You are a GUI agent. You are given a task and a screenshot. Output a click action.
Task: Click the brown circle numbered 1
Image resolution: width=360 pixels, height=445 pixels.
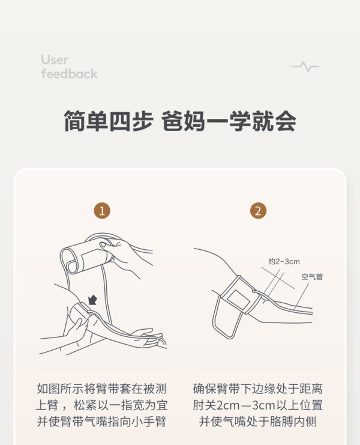(x=102, y=211)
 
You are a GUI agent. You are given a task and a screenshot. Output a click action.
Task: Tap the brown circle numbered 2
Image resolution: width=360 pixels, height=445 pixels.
(x=258, y=211)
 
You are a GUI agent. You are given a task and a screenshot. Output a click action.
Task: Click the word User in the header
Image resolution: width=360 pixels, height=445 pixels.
(x=55, y=60)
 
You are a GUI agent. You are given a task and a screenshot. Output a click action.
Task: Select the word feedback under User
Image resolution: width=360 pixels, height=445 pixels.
(x=69, y=74)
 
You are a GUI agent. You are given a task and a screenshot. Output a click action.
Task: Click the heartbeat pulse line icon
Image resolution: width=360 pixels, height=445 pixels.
(x=304, y=67)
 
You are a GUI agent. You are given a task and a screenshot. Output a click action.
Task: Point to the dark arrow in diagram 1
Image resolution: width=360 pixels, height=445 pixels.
(x=92, y=300)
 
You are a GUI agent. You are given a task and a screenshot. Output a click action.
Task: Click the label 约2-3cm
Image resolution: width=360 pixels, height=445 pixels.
(x=284, y=261)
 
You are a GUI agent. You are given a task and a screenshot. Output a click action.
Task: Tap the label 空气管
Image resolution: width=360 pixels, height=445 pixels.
(x=312, y=276)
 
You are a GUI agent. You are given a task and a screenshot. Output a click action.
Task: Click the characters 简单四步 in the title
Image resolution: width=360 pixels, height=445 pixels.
(x=109, y=121)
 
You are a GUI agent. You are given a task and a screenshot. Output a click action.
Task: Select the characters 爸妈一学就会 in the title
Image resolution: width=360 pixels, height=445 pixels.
(x=229, y=121)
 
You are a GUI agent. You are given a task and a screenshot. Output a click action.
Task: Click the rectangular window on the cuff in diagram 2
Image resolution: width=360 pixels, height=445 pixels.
(x=238, y=300)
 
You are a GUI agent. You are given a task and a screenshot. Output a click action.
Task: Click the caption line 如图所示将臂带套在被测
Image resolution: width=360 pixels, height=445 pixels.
(x=102, y=389)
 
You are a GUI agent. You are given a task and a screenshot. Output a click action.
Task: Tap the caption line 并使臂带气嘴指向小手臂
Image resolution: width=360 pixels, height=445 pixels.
(x=102, y=422)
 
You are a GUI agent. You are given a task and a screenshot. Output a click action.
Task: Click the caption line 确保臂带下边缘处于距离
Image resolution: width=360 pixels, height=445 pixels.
(x=257, y=389)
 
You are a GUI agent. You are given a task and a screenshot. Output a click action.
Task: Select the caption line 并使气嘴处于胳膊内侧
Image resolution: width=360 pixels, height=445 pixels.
(x=257, y=422)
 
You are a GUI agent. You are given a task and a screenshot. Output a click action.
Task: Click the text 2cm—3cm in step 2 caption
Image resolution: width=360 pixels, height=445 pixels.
(x=246, y=405)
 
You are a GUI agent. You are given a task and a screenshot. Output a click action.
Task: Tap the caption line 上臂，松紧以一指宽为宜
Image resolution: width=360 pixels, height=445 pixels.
(x=102, y=405)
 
